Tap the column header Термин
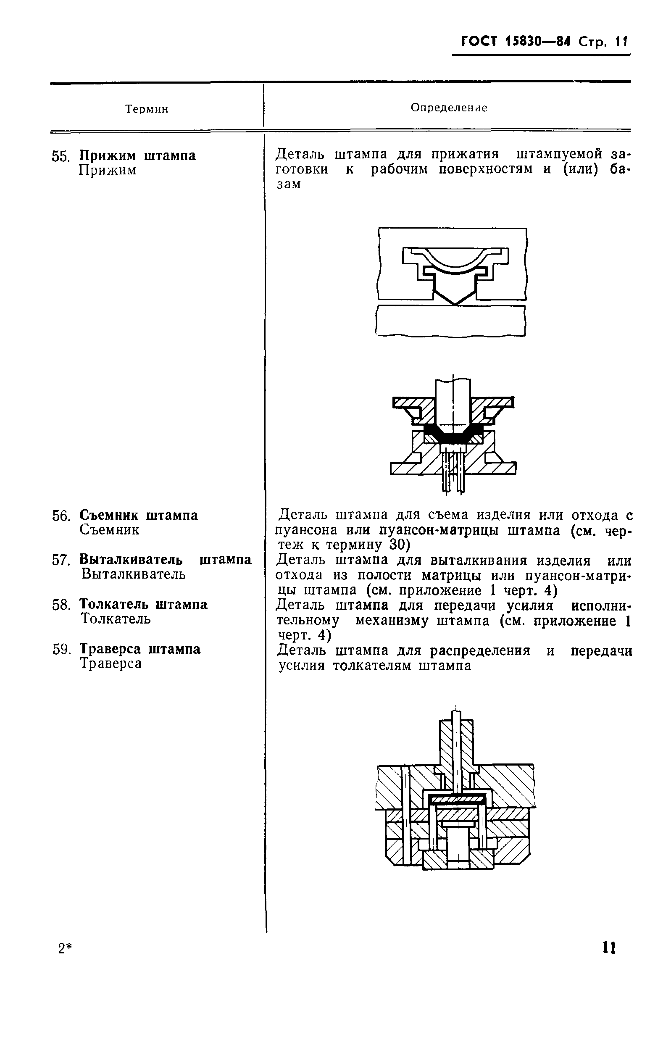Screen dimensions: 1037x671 click(146, 109)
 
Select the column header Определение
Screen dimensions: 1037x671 click(449, 108)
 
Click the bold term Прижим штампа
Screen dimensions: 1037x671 click(137, 155)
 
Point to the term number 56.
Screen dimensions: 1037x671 click(61, 516)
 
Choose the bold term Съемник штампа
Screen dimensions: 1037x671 click(139, 516)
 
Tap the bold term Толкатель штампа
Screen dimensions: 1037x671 click(143, 604)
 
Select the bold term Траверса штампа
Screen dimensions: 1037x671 click(140, 649)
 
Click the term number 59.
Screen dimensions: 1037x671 click(61, 650)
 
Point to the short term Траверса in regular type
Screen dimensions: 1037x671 click(111, 663)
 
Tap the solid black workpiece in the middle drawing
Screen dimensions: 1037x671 click(453, 434)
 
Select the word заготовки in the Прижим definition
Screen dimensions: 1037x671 click(302, 169)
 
